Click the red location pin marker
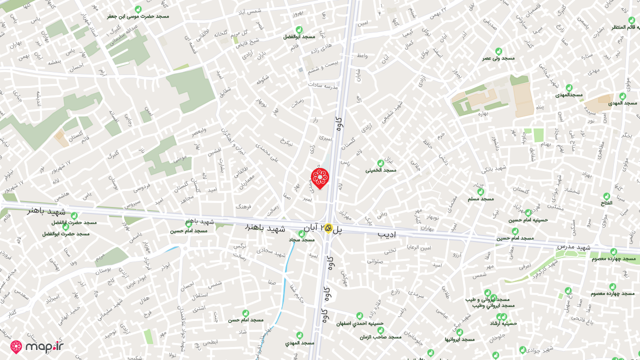pyautogui.click(x=320, y=178)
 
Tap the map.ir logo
pyautogui.click(x=37, y=346)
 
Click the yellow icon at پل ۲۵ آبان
pyautogui.click(x=328, y=228)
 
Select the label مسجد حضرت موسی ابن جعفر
pyautogui.click(x=138, y=16)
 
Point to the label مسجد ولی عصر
pyautogui.click(x=498, y=58)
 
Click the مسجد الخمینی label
pyautogui.click(x=380, y=170)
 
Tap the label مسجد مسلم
pyautogui.click(x=480, y=198)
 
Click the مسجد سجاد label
pyautogui.click(x=301, y=239)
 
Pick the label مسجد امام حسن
pyautogui.click(x=245, y=319)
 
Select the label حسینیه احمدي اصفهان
pyautogui.click(x=360, y=323)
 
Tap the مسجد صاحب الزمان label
pyautogui.click(x=380, y=336)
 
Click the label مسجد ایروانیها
pyautogui.click(x=459, y=339)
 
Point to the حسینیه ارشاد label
pyautogui.click(x=503, y=323)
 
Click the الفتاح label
pyautogui.click(x=606, y=203)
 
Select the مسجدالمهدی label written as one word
pyautogui.click(x=569, y=94)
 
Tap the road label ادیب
pyautogui.click(x=386, y=234)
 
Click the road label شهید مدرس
pyautogui.click(x=574, y=247)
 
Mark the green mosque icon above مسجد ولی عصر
pyautogui.click(x=498, y=51)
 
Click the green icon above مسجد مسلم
pyautogui.click(x=480, y=191)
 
